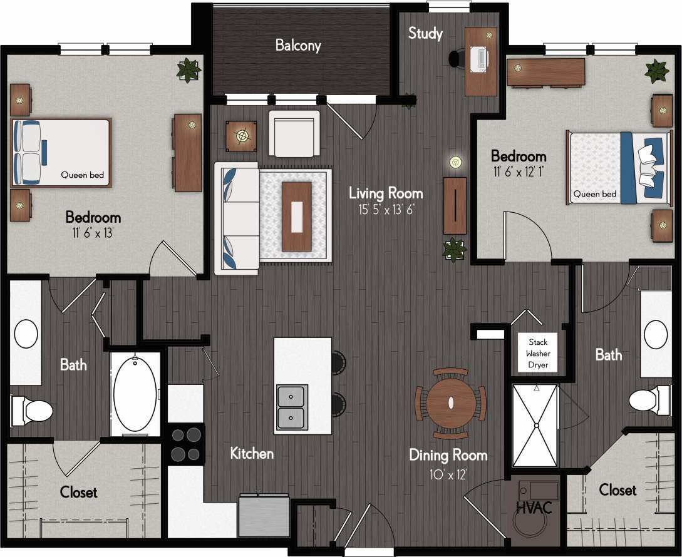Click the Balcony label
click(298, 45)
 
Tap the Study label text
click(425, 33)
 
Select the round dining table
click(450, 403)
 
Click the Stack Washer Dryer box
click(538, 354)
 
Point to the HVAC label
click(534, 508)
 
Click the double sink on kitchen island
click(291, 407)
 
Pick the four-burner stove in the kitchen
click(186, 444)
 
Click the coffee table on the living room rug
click(296, 216)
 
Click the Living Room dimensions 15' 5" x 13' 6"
click(386, 210)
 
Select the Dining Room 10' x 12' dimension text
click(448, 474)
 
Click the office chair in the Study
click(457, 58)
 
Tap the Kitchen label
click(251, 453)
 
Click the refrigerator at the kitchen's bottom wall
click(264, 516)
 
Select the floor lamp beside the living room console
click(455, 162)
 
